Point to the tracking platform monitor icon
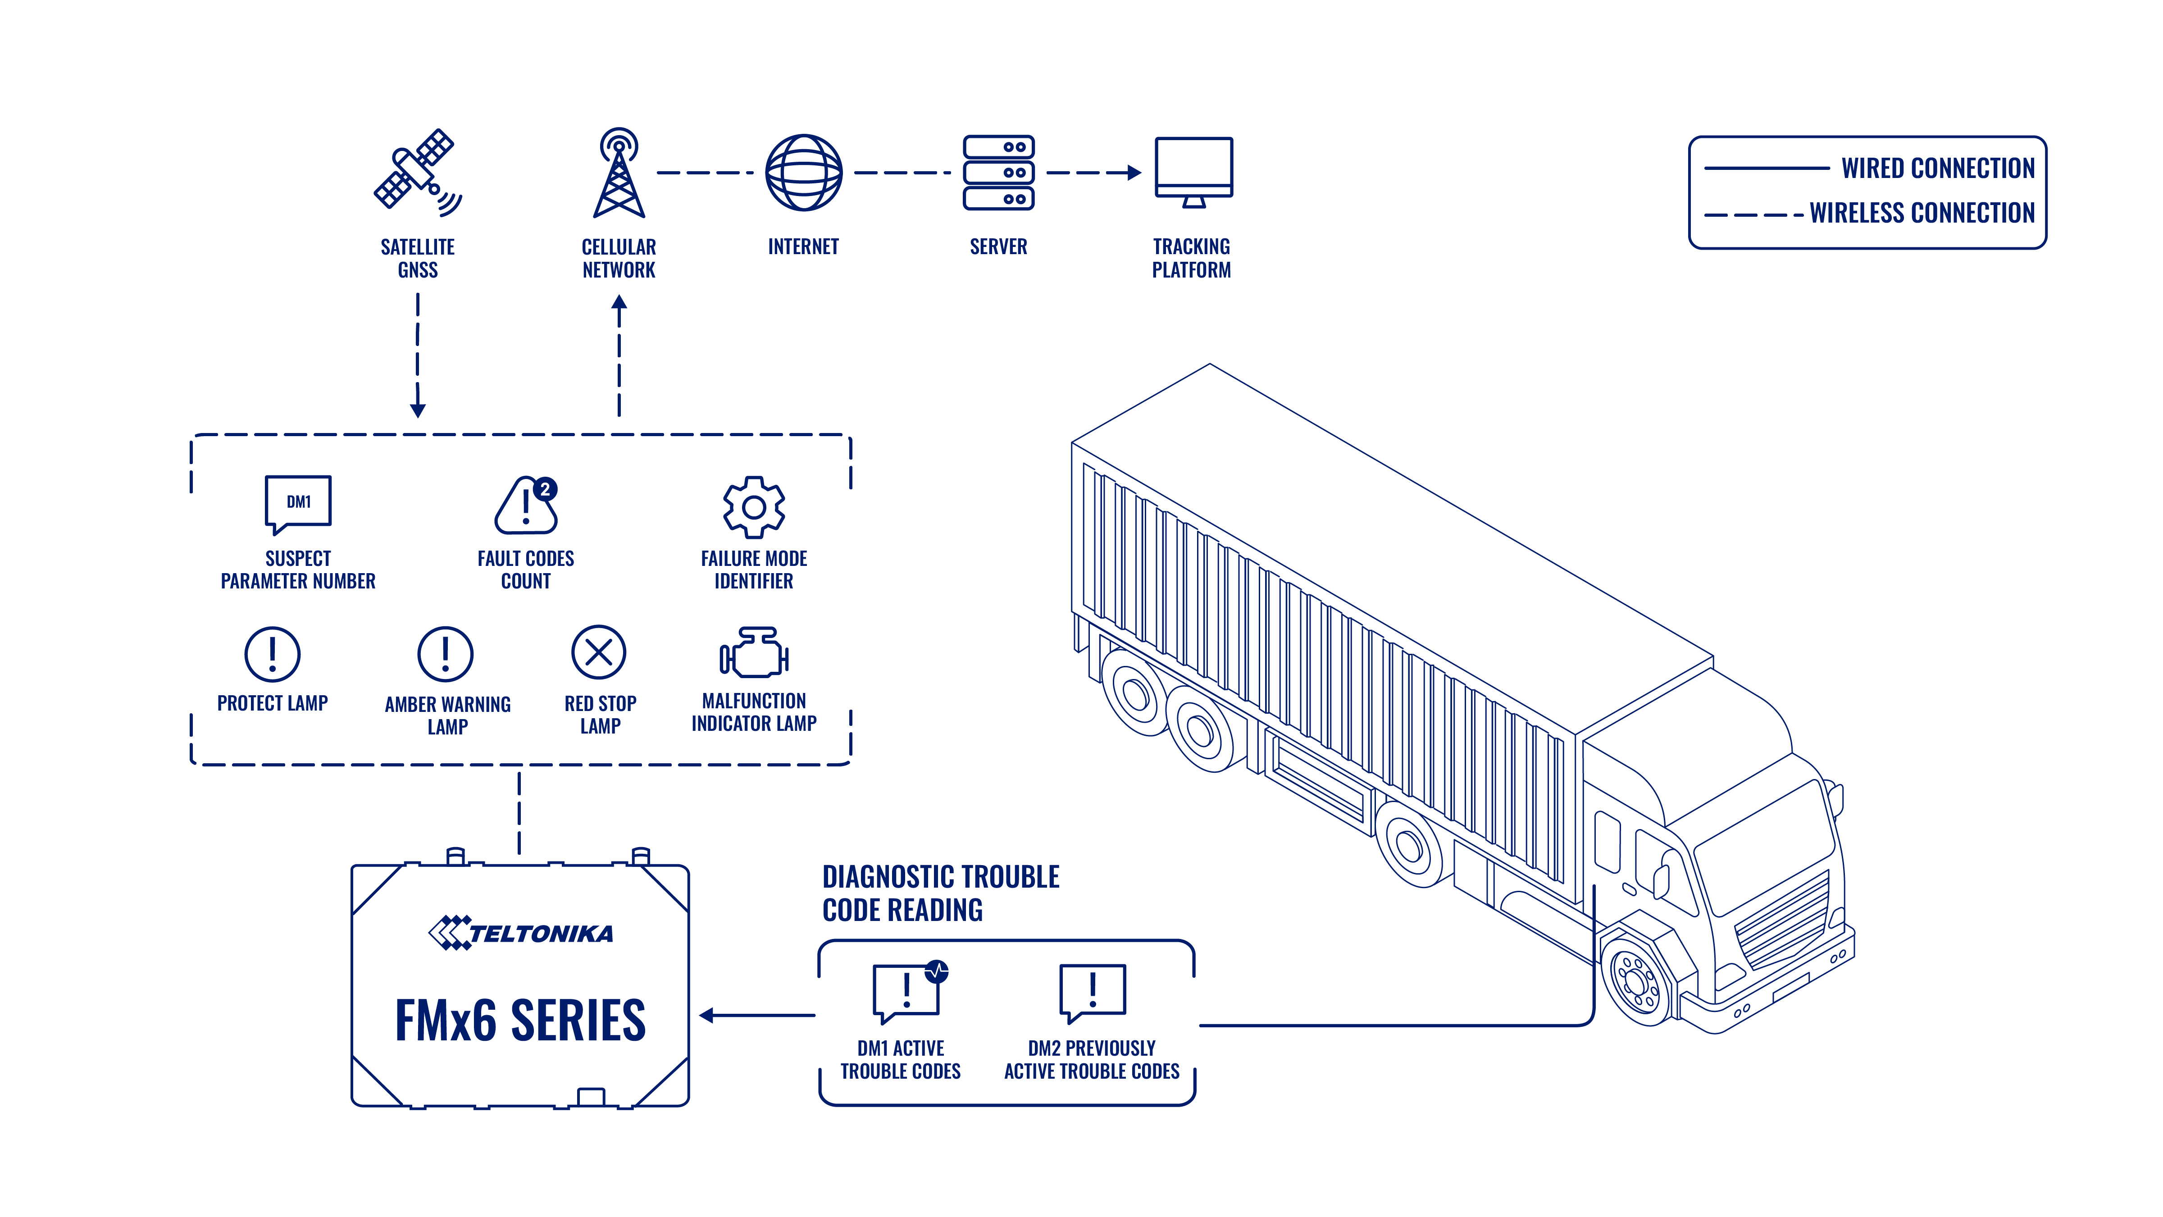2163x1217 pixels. [1193, 172]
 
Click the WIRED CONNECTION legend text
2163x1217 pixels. [1938, 168]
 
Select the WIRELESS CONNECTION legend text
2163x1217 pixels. [1922, 213]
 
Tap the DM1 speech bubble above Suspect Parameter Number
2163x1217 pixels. [298, 504]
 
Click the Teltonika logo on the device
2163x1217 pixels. [521, 932]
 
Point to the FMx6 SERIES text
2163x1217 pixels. [521, 1021]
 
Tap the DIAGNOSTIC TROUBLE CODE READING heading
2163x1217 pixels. [940, 893]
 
